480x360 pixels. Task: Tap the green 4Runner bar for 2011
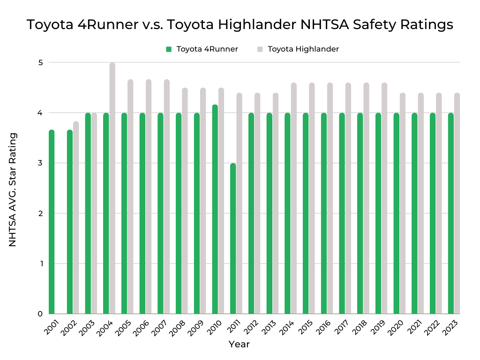[233, 239]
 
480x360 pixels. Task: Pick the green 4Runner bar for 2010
[215, 209]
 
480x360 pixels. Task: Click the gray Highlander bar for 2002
[76, 217]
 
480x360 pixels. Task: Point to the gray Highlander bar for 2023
[457, 203]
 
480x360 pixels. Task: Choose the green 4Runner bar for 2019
[378, 213]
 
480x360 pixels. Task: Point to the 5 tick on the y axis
[40, 62]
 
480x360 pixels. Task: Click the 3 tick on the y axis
[40, 163]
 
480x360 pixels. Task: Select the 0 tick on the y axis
[40, 314]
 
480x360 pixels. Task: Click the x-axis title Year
[239, 345]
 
